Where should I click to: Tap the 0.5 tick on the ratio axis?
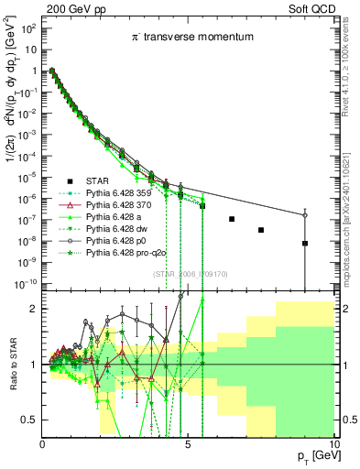click(x=30, y=420)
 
